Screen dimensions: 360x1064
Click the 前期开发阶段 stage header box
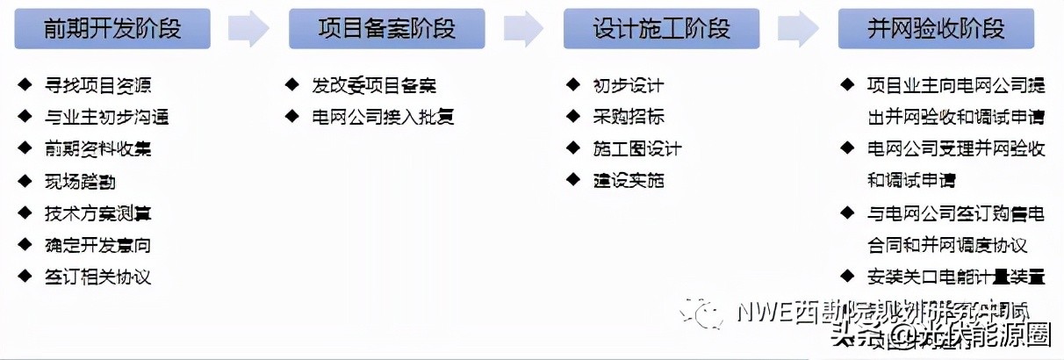pos(112,29)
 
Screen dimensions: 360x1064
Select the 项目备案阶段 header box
pos(386,29)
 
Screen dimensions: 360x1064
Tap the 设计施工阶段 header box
pos(661,29)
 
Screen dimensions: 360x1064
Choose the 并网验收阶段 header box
pos(936,29)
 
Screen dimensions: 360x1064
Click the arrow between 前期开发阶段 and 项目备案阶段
pos(248,29)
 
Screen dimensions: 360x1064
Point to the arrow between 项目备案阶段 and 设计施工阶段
pos(523,29)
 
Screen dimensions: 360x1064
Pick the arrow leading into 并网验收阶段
pos(798,29)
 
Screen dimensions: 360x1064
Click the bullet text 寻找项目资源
pos(97,86)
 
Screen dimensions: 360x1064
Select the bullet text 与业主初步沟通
pos(106,118)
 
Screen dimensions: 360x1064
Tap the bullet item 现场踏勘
pos(80,182)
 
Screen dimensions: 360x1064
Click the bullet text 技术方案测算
pos(97,213)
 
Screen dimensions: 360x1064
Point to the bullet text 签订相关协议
pos(97,277)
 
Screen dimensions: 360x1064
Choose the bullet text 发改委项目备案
pos(374,86)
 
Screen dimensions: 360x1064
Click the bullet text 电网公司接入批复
pos(383,117)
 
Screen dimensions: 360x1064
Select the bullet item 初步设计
pos(628,86)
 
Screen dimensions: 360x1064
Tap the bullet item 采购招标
pos(628,117)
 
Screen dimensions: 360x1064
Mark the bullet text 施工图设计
pos(636,149)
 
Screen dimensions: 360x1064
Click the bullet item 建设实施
pos(628,181)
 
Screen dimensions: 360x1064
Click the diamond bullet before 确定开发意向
pos(25,245)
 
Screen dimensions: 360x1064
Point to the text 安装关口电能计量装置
pos(956,277)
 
